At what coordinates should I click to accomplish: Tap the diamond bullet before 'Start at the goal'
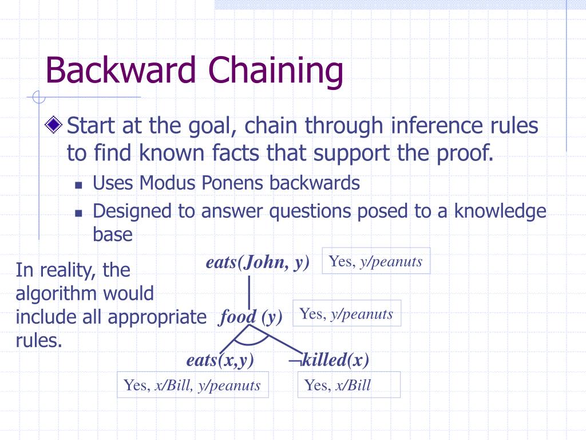[54, 124]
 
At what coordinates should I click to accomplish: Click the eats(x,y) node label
[220, 360]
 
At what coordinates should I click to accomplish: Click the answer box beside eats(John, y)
[375, 261]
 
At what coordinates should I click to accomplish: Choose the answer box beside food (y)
[347, 313]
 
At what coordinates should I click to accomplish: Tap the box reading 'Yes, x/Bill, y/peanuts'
[193, 385]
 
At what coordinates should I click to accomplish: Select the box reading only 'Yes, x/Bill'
[349, 385]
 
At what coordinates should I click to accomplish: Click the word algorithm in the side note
[85, 293]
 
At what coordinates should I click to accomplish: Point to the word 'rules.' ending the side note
[39, 340]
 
